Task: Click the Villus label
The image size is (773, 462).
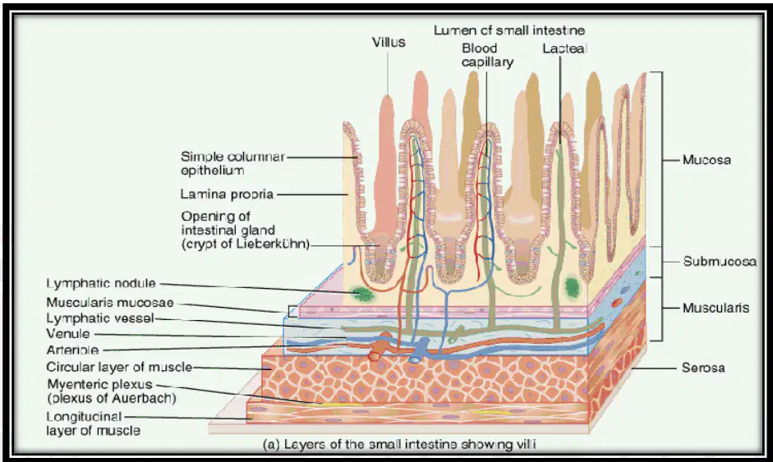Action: tap(389, 43)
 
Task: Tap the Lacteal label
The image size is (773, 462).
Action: tap(564, 48)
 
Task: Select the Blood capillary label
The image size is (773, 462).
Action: tap(487, 55)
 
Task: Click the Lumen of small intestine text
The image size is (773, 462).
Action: tap(509, 30)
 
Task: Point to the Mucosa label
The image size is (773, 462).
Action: tap(706, 160)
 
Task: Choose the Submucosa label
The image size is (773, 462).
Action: tap(720, 261)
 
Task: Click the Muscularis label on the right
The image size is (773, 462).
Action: tap(715, 308)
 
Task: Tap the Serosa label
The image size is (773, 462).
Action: tap(703, 368)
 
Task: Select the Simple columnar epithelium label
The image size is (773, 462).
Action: tap(232, 163)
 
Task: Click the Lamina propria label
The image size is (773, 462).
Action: tap(227, 194)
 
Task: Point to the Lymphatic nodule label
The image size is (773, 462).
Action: tap(101, 283)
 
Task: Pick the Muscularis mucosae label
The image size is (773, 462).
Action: tap(110, 303)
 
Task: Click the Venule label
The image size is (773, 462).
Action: tap(68, 333)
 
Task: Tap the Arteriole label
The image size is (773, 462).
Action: tap(72, 350)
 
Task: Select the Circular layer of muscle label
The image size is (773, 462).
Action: tap(119, 367)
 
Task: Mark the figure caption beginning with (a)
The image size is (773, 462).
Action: tap(399, 444)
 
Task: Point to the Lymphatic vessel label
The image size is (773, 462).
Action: tap(100, 318)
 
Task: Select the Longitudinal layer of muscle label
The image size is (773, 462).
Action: tap(93, 423)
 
